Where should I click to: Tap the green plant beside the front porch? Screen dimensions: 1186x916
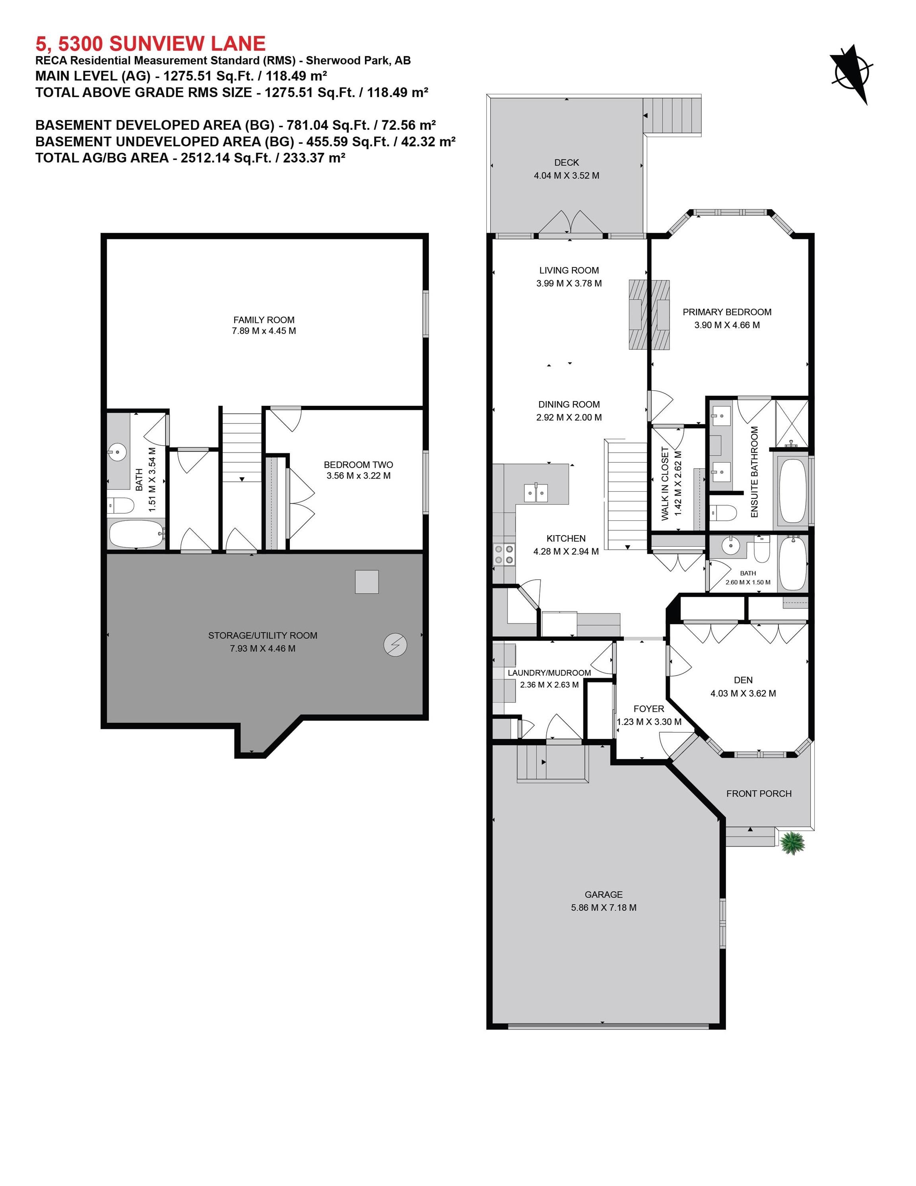tap(793, 843)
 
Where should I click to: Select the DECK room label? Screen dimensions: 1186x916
tap(566, 162)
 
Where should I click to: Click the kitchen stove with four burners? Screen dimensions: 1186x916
tap(504, 555)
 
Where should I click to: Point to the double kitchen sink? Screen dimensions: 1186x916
tap(536, 493)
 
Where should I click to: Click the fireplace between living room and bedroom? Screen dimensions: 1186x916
tap(648, 314)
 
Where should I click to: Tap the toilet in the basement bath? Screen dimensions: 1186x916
tap(120, 506)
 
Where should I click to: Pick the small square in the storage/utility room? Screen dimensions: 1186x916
tap(367, 582)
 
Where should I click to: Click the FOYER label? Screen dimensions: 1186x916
tap(648, 709)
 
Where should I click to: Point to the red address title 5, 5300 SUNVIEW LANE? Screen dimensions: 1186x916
tap(150, 43)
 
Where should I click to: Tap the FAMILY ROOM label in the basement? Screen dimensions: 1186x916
tap(264, 320)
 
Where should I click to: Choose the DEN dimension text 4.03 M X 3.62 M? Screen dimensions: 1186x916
tap(743, 693)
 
